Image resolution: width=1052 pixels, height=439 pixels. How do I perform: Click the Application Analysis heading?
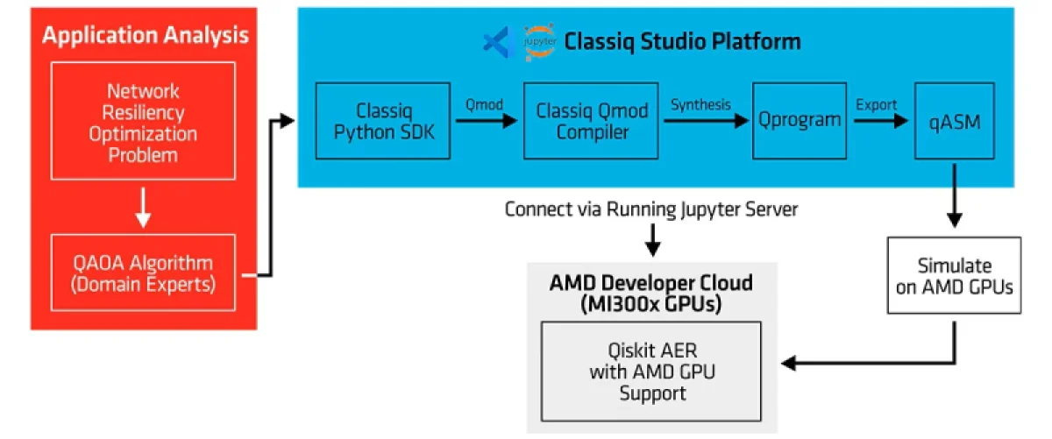click(x=145, y=35)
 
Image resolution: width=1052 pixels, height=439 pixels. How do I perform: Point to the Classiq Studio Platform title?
click(x=682, y=41)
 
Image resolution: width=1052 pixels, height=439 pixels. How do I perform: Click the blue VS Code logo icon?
click(x=496, y=41)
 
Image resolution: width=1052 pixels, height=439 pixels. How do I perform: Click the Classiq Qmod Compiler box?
click(x=592, y=122)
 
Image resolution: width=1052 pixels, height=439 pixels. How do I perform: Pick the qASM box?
click(x=954, y=122)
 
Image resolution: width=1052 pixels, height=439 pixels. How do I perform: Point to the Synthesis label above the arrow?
click(x=700, y=104)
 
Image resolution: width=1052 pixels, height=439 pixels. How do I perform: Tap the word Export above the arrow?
click(x=876, y=104)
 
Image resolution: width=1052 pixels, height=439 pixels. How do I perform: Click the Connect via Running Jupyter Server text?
click(x=651, y=210)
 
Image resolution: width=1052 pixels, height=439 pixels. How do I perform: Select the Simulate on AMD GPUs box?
click(x=954, y=275)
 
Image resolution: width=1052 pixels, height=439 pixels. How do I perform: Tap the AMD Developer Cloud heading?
click(x=651, y=293)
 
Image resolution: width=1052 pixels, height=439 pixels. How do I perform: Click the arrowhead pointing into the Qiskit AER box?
click(x=790, y=362)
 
